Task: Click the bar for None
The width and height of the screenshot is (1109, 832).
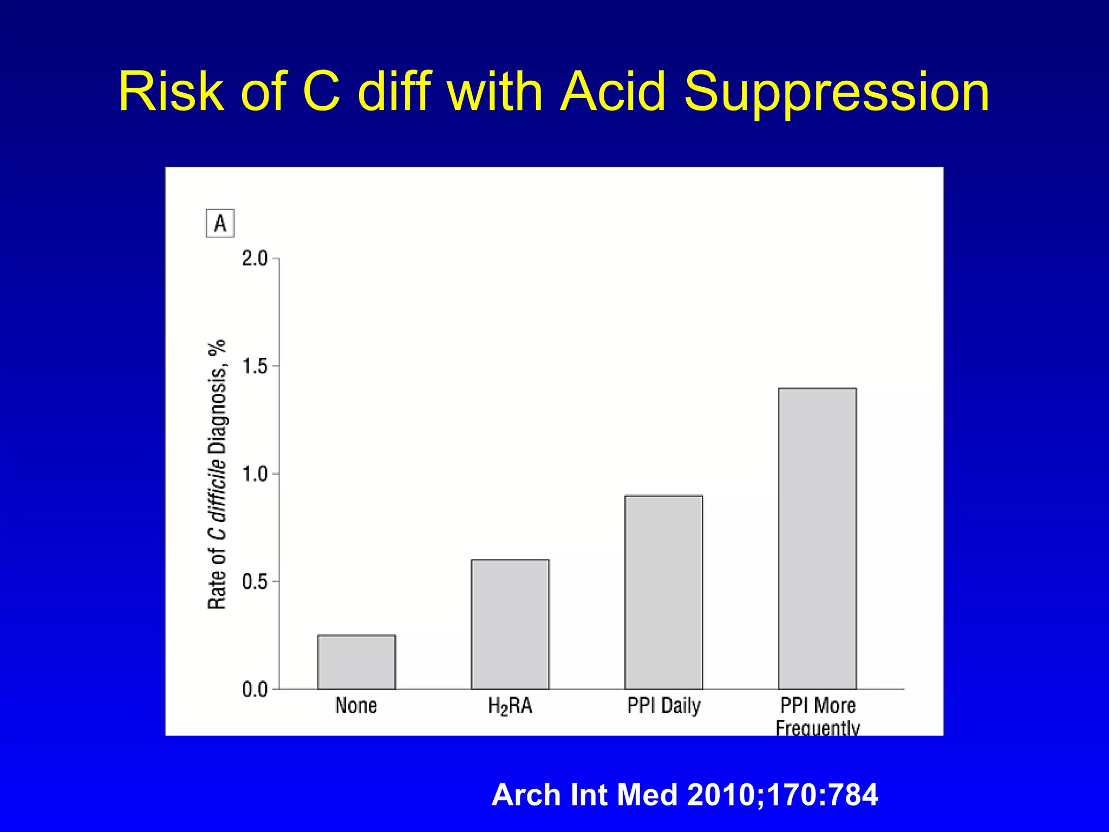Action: (x=356, y=662)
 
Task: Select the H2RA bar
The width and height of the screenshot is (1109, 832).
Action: (x=510, y=624)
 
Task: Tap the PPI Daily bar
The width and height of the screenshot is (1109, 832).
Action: (x=663, y=592)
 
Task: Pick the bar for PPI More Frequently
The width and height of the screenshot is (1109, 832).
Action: (x=817, y=538)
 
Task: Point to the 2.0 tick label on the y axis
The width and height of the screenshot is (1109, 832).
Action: (x=255, y=259)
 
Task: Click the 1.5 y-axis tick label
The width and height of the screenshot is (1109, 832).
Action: (x=255, y=367)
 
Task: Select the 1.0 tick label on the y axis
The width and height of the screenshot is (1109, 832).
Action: (x=255, y=474)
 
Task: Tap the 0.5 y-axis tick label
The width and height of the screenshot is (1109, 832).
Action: (x=255, y=582)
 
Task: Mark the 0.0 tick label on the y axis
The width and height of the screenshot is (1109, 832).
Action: (x=255, y=690)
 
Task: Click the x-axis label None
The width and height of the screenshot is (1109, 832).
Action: (x=356, y=706)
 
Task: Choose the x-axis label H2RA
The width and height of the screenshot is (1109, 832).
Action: (x=510, y=706)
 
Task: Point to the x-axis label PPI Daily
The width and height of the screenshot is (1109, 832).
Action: (x=664, y=706)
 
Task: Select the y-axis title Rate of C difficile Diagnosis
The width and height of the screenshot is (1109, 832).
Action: (x=217, y=474)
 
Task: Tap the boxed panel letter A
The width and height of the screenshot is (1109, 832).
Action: (x=220, y=223)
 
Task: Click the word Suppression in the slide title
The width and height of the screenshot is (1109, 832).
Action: (x=837, y=92)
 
